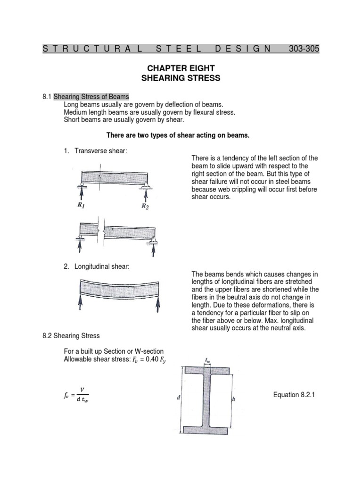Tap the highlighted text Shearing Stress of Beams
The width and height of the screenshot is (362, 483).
[91, 97]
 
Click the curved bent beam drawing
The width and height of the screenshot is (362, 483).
[118, 287]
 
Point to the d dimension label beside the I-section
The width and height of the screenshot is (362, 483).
[178, 398]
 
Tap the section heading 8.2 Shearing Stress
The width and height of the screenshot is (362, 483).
[71, 335]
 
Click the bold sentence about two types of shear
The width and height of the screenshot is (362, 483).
[177, 135]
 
